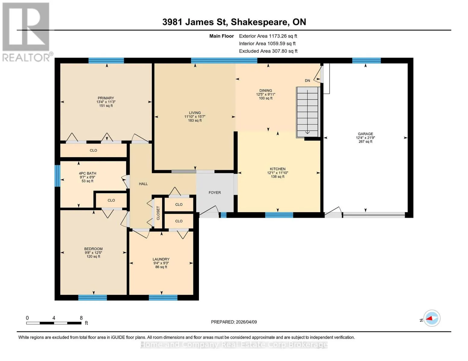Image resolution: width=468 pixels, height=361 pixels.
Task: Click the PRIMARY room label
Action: point(105,98)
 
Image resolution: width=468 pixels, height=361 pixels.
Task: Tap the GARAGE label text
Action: point(365,134)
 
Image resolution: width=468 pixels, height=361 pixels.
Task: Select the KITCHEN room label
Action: point(278,169)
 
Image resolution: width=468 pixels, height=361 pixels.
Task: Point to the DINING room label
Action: point(265,91)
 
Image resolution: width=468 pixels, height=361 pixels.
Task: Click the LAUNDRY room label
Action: point(161,259)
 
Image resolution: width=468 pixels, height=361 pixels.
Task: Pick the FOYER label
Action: point(215,193)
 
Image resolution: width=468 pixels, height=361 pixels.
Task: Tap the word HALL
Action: point(143,184)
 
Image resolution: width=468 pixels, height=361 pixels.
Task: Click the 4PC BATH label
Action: point(87,173)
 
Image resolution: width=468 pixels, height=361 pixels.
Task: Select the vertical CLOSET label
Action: point(158,213)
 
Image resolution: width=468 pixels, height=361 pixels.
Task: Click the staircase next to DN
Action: point(307,112)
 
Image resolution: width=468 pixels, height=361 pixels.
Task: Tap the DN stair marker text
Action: point(307,81)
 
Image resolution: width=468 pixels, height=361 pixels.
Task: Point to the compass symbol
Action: point(432,318)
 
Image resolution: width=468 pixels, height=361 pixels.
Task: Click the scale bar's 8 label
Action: point(81,318)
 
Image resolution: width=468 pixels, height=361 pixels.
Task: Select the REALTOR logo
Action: point(27,32)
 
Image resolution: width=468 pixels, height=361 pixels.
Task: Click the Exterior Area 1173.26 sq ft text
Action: point(268,36)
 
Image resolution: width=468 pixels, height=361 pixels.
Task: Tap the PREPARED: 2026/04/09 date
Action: point(234,322)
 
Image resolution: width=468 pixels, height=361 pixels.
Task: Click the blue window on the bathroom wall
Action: point(57,176)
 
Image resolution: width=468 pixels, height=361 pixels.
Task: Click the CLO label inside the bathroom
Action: point(111,200)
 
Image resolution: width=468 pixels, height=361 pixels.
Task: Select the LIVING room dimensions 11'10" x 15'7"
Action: point(195,116)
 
